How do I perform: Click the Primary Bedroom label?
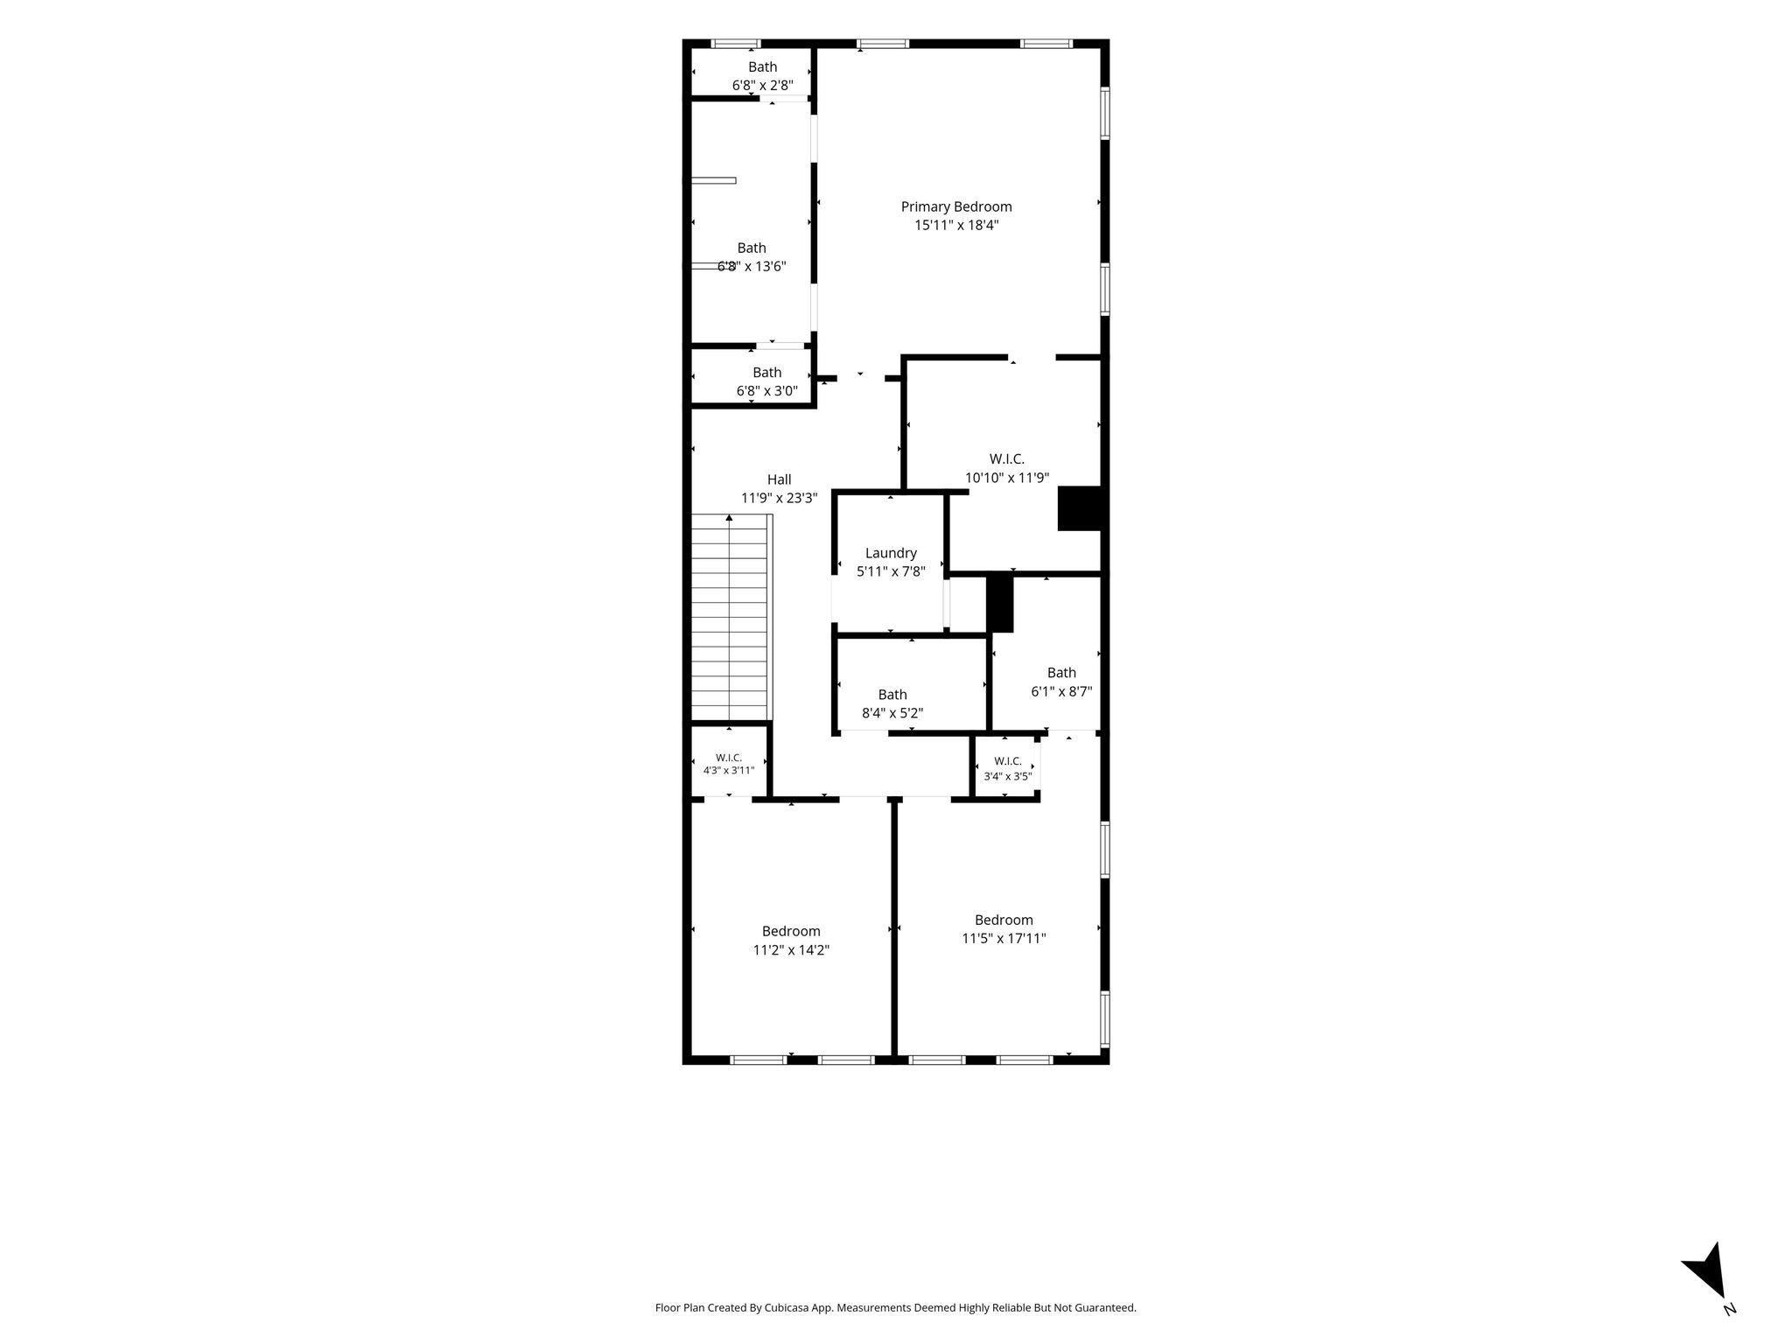(x=956, y=206)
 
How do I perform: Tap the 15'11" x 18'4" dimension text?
(x=956, y=225)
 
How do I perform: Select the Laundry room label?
(x=891, y=553)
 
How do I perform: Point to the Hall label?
(x=779, y=479)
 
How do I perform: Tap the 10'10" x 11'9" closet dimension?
(x=1007, y=478)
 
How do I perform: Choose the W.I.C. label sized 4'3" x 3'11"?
(x=729, y=758)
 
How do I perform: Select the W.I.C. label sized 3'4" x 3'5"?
(x=1008, y=761)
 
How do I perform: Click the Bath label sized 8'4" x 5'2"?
(x=892, y=695)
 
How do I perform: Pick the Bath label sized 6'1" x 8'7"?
(x=1061, y=673)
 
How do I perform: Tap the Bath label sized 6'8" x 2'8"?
(x=762, y=66)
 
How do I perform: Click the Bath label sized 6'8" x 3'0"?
(x=766, y=373)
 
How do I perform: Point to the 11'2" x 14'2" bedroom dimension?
(x=791, y=950)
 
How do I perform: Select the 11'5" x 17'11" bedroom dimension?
(x=1004, y=939)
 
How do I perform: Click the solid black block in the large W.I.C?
(x=1080, y=508)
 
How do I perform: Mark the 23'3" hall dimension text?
(x=800, y=499)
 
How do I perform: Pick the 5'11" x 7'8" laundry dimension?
(x=891, y=571)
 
